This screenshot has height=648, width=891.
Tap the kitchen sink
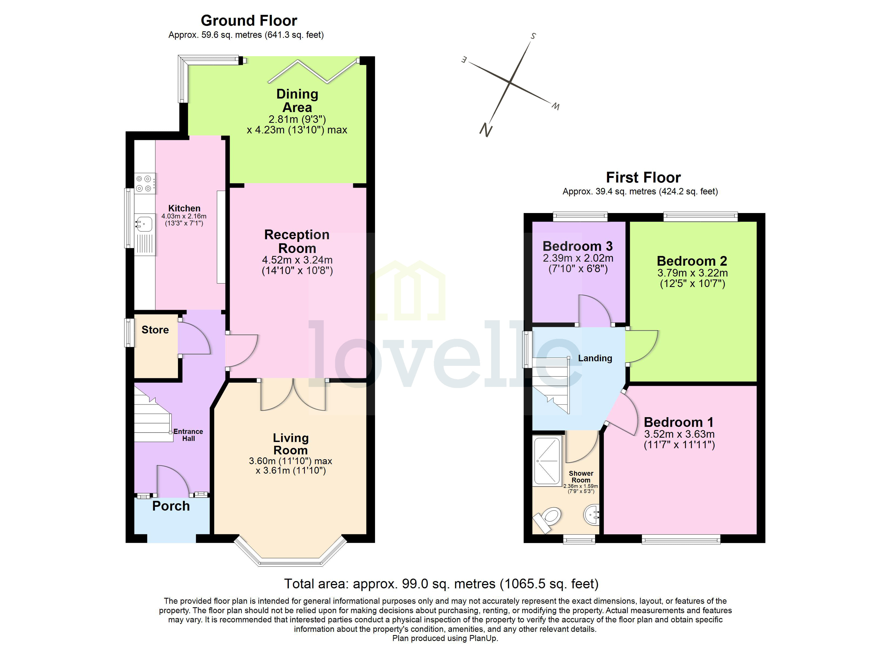[144, 224]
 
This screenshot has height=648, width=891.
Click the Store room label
[155, 330]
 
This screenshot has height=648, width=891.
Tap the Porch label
[171, 506]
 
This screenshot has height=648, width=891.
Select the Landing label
[595, 358]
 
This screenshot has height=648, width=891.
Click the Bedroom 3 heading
[578, 247]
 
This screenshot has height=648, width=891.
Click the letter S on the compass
[533, 36]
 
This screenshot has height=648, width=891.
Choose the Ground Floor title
[249, 21]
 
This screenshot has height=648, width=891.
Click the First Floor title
[643, 178]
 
